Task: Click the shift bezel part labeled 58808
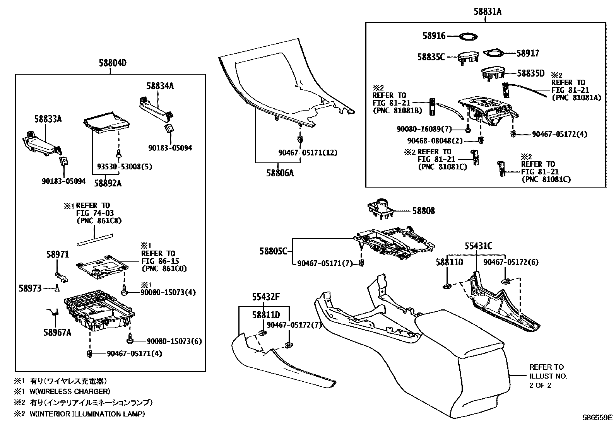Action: click(x=380, y=209)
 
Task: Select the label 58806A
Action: click(x=280, y=173)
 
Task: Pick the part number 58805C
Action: click(x=273, y=251)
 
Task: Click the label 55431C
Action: click(x=478, y=246)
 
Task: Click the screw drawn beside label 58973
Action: click(x=57, y=288)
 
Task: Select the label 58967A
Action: click(x=57, y=333)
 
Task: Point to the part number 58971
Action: click(x=58, y=254)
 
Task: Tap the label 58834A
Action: click(x=160, y=86)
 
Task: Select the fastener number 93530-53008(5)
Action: click(x=125, y=167)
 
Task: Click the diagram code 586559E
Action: click(x=598, y=418)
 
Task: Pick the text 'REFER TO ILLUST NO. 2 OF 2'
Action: click(x=548, y=376)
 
